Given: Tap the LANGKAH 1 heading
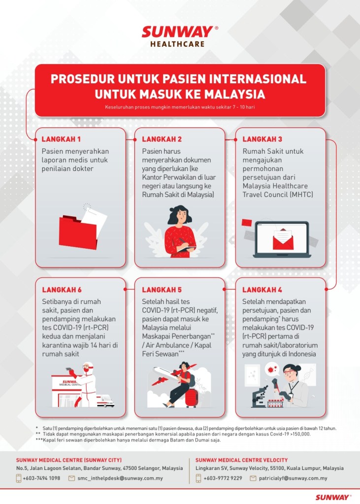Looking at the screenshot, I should point(61,139).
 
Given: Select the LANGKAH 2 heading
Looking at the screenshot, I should point(162,139).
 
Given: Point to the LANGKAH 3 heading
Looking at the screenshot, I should point(262,139).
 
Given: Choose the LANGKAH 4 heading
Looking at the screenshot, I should point(262,289).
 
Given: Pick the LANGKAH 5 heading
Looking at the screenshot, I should point(162,289).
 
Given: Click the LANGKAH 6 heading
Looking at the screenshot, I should point(61,289).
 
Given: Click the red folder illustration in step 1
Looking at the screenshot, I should point(78,232).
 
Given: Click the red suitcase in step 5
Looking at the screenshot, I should point(190,398).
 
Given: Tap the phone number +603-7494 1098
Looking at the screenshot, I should point(41,478).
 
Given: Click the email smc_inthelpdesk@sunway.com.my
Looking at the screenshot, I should point(120,478).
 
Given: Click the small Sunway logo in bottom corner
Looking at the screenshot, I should point(333,497).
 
